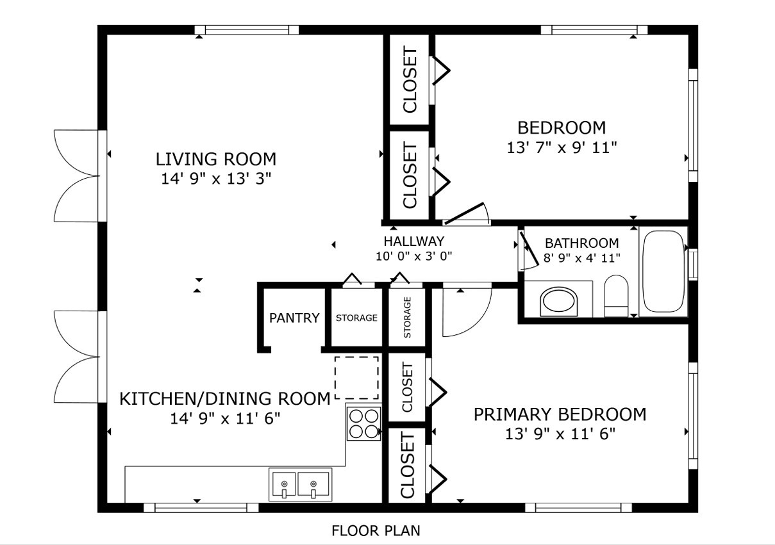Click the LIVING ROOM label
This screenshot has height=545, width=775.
pos(216,159)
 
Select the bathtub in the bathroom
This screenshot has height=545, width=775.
pos(663,272)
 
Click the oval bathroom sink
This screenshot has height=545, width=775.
pos(559,302)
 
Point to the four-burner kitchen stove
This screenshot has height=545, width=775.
pos(364,423)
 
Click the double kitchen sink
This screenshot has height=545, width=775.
pos(299,484)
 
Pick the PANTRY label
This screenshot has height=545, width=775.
pos(294,318)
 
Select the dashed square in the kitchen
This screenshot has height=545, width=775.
pos(356,377)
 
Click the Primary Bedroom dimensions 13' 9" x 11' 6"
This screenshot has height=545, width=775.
pos(560,434)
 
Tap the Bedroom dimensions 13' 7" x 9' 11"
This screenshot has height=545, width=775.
pos(562,148)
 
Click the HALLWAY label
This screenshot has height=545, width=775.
pos(413,241)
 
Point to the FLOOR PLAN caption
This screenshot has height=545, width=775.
pos(376,530)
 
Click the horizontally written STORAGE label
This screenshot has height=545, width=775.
pos(356,318)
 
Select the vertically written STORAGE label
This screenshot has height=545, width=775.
pos(407,318)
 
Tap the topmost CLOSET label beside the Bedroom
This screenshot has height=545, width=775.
pos(410,81)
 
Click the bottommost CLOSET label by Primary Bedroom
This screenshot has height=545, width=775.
pos(407,466)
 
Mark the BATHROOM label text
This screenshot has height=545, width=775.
pos(581,243)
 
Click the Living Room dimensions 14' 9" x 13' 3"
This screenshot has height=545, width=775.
pos(217,179)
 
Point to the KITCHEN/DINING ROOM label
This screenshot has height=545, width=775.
pos(225,399)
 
